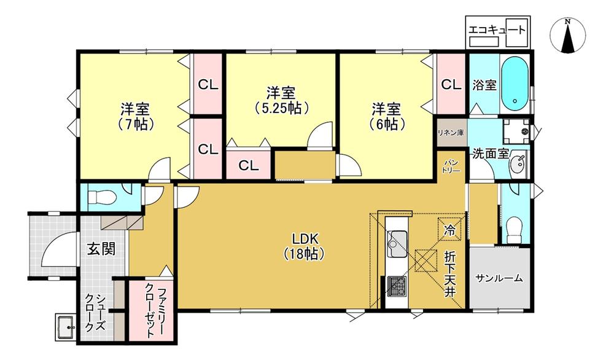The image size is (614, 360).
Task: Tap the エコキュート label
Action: click(497, 29)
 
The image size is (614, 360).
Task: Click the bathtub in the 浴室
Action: click(515, 84)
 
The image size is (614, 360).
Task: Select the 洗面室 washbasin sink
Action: click(518, 165)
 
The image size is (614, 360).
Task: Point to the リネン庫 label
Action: click(451, 133)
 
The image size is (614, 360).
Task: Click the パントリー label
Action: click(451, 166)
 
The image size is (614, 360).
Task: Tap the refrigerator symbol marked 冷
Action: click(449, 229)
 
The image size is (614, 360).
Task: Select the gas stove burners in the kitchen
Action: click(397, 286)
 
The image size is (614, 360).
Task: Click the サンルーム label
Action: click(499, 278)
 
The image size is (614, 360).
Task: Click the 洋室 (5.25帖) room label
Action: click(281, 101)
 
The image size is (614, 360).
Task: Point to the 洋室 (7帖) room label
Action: click(135, 116)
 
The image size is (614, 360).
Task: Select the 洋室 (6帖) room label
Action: click(386, 116)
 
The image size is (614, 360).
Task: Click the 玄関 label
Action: click(101, 249)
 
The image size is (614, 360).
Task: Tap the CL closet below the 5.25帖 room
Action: click(249, 166)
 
